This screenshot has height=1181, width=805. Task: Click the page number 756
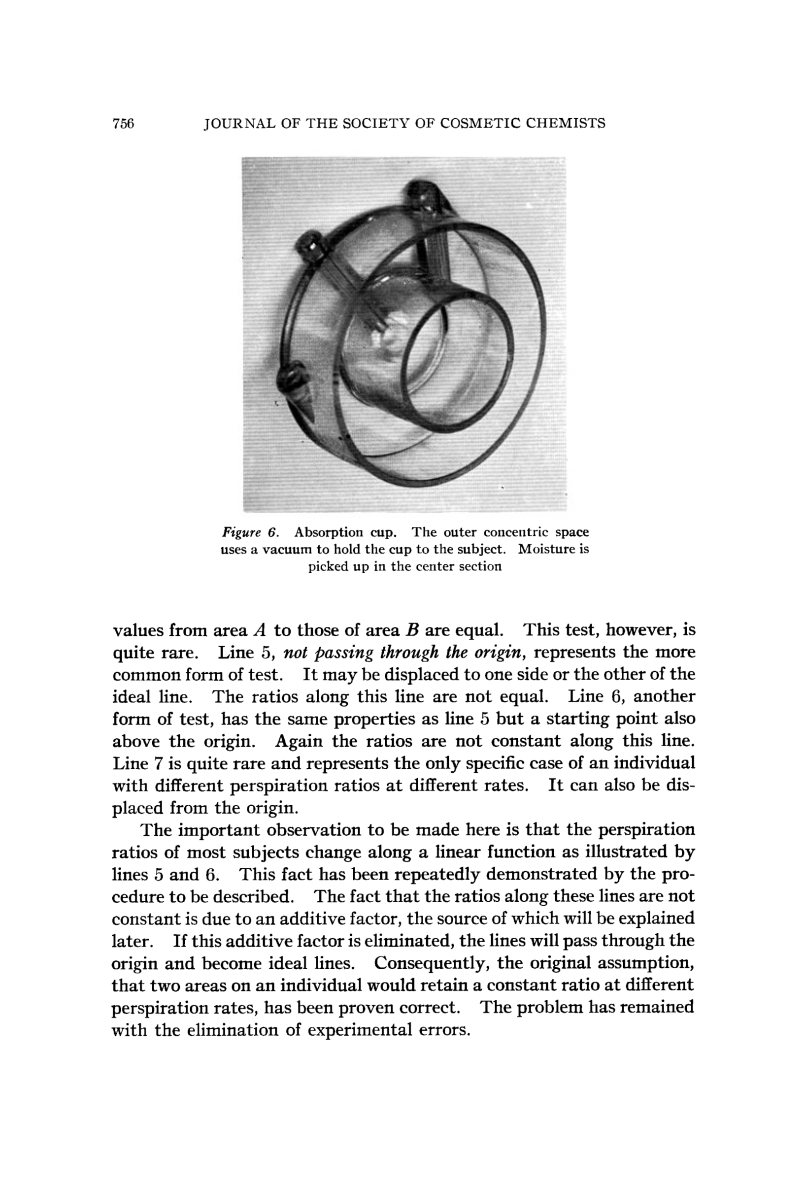(123, 124)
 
